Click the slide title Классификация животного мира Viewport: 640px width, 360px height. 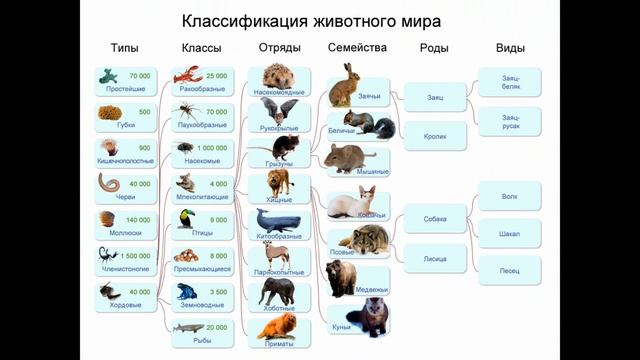(310, 20)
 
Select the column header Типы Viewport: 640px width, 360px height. (125, 48)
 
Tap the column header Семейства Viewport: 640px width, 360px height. (357, 48)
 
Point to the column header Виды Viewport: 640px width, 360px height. (510, 48)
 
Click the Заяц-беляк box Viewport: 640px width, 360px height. (510, 81)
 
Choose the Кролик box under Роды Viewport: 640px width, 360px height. (435, 135)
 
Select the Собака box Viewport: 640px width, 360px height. (435, 218)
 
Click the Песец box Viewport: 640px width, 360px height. (510, 270)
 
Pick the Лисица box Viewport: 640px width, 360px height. (435, 258)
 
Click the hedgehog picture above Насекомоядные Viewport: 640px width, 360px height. (277, 76)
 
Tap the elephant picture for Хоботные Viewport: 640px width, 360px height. (278, 290)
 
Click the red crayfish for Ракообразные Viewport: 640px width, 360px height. (187, 75)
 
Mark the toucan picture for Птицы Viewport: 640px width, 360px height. (186, 219)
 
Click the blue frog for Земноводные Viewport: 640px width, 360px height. (187, 292)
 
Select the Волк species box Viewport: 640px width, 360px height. (510, 197)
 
